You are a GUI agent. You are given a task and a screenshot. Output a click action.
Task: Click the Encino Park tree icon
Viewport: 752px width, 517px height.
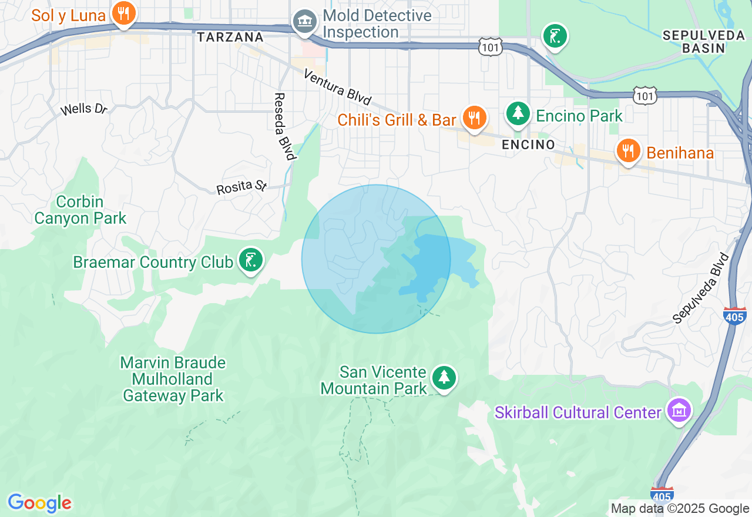pyautogui.click(x=518, y=113)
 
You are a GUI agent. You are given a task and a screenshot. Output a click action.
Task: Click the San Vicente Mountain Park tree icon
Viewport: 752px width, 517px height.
pyautogui.click(x=444, y=377)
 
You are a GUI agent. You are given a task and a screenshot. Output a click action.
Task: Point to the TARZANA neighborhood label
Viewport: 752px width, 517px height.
pyautogui.click(x=230, y=38)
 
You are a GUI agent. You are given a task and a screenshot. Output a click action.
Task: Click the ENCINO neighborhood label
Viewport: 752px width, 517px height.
pyautogui.click(x=528, y=145)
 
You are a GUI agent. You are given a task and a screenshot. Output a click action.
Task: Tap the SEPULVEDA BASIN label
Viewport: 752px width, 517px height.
pyautogui.click(x=703, y=42)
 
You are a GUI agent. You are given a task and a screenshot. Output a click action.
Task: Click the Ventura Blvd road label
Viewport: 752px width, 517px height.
pyautogui.click(x=337, y=88)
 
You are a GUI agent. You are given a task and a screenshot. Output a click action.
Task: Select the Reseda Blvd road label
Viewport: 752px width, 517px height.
pyautogui.click(x=284, y=126)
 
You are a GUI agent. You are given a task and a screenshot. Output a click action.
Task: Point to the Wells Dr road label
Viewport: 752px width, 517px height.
pyautogui.click(x=84, y=109)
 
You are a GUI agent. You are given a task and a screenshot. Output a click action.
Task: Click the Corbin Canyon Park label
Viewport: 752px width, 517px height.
pyautogui.click(x=80, y=210)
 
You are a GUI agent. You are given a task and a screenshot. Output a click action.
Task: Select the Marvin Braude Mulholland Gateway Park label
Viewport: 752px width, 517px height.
pyautogui.click(x=173, y=379)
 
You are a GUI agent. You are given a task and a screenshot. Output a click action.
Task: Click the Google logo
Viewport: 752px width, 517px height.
pyautogui.click(x=39, y=503)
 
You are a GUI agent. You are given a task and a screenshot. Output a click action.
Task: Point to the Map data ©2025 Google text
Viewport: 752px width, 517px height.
pyautogui.click(x=680, y=509)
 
